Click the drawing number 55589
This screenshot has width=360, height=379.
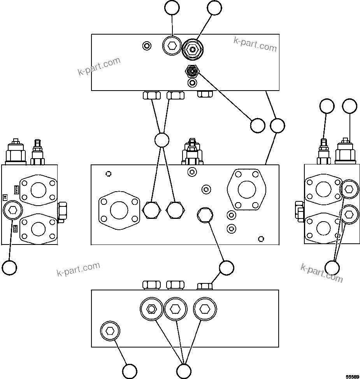coord(352,376)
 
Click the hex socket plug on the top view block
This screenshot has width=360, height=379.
coord(172,46)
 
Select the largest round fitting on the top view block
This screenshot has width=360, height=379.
coord(193,49)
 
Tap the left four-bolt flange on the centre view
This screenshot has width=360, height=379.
coord(119,210)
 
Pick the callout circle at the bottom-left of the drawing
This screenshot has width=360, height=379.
coord(9,267)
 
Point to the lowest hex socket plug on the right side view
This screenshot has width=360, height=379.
coord(349,213)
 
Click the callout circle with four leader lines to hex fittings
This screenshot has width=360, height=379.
coord(162,140)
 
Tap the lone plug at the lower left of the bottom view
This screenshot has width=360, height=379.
coord(110,331)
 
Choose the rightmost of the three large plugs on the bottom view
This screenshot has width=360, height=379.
coord(205,309)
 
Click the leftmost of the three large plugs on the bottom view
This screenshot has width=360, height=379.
coord(151,309)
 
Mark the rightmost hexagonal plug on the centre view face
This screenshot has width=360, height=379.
coord(204,214)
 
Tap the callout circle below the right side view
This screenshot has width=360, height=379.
coord(332,267)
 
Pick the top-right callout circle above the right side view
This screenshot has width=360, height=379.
coord(349,106)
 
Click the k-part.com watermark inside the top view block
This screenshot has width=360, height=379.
coord(255,44)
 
